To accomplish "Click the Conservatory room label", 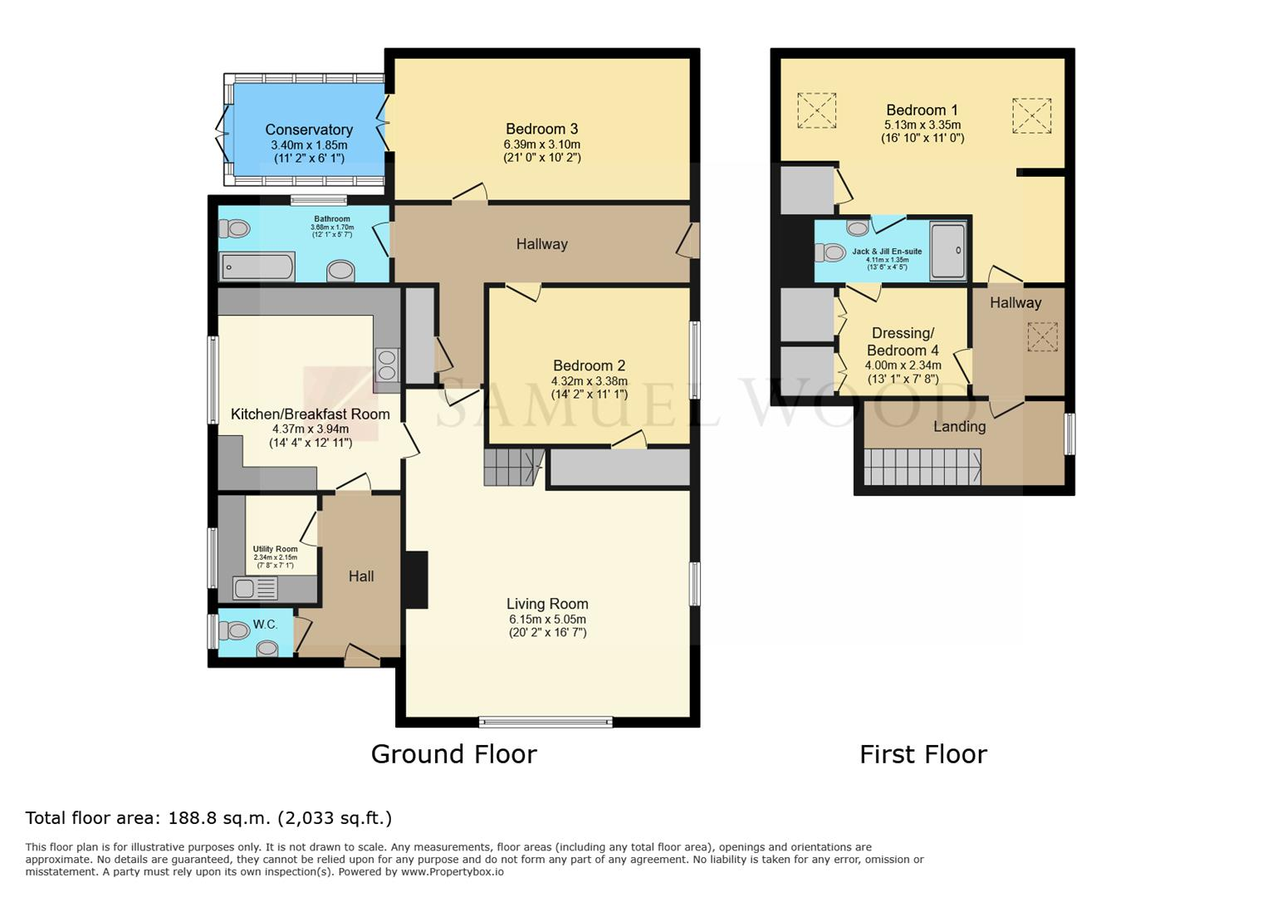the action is pos(309,130).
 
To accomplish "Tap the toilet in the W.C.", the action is pos(235,630).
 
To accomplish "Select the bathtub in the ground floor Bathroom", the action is pos(258,267).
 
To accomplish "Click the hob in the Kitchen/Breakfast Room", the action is pos(387,365).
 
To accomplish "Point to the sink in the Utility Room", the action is pos(255,588).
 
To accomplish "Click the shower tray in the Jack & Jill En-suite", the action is pos(947,251).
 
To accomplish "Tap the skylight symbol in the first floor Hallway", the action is pos(1042,337).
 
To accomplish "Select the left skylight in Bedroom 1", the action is pos(817,110).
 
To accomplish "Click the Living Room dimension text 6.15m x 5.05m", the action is pos(548,620).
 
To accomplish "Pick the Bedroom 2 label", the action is pos(589,365).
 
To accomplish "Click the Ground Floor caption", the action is pos(454,754).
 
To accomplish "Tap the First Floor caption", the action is pos(923,754).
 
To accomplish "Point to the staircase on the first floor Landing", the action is pos(922,467).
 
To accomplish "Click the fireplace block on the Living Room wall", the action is pos(416,580).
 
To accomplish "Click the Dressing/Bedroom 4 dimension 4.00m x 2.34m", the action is pos(903,365).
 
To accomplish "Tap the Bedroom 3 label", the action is pos(542,129).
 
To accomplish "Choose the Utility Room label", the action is pos(276,549).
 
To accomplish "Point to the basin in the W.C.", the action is pos(267,649).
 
